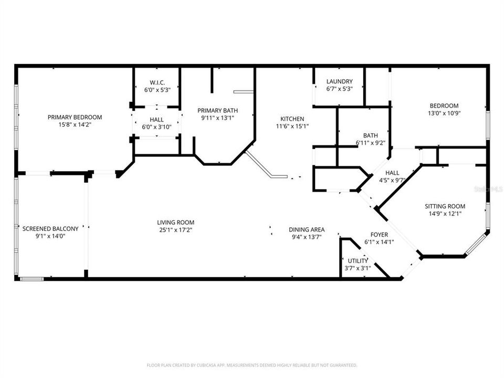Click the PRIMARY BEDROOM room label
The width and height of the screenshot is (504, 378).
pyautogui.click(x=75, y=117)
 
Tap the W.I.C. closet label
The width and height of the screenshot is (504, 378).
pyautogui.click(x=157, y=82)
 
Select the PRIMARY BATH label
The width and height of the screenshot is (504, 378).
pyautogui.click(x=217, y=111)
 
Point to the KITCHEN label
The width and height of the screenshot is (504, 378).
pyautogui.click(x=292, y=119)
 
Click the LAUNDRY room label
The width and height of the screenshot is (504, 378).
pyautogui.click(x=340, y=82)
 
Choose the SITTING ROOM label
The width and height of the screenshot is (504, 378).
pyautogui.click(x=445, y=206)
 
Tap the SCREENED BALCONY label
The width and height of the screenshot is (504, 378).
pyautogui.click(x=50, y=229)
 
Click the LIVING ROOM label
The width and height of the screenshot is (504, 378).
pyautogui.click(x=175, y=223)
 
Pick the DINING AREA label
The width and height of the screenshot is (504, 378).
pyautogui.click(x=307, y=230)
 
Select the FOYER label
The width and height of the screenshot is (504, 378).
pyautogui.click(x=379, y=235)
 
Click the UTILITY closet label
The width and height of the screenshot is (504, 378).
pyautogui.click(x=358, y=261)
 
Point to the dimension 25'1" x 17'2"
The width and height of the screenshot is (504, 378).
pyautogui.click(x=175, y=230)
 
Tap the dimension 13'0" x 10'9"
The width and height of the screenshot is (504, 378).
pyautogui.click(x=444, y=113)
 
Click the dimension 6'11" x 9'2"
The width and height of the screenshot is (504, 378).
pyautogui.click(x=370, y=143)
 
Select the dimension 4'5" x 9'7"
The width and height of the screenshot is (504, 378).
pyautogui.click(x=392, y=180)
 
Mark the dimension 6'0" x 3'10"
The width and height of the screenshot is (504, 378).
pyautogui.click(x=156, y=127)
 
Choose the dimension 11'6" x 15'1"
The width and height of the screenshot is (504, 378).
pyautogui.click(x=292, y=127)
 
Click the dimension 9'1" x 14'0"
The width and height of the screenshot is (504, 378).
pyautogui.click(x=50, y=236)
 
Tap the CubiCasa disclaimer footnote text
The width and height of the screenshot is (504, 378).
pyautogui.click(x=251, y=365)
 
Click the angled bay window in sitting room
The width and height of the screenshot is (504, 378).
pyautogui.click(x=477, y=244)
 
